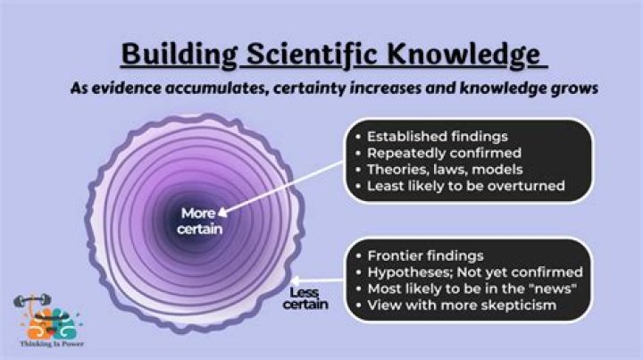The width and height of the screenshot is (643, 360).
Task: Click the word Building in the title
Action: (x=180, y=54)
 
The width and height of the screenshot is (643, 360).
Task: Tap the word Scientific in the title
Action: (x=312, y=54)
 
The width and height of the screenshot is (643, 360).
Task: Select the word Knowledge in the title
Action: (x=463, y=54)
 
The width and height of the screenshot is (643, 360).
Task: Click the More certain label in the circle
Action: (x=200, y=221)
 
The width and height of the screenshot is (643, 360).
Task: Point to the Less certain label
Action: (x=305, y=298)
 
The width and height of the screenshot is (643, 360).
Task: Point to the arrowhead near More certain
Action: (x=222, y=212)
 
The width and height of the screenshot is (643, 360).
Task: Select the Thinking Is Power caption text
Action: (x=52, y=344)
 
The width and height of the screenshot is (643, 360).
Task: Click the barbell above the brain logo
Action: (x=32, y=301)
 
